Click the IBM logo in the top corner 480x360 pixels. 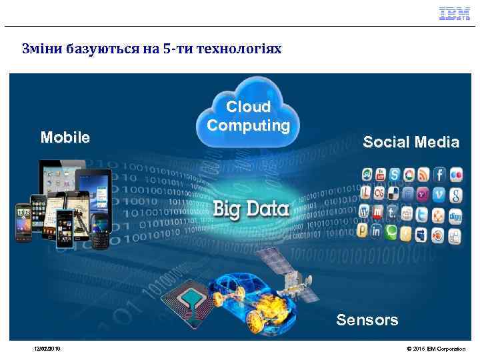454,14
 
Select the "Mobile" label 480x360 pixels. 65,137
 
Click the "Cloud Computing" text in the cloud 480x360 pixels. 248,116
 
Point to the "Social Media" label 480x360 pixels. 411,142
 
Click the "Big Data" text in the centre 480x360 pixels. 251,209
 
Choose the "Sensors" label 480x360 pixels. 367,320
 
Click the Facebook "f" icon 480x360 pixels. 439,175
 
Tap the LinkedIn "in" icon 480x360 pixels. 377,233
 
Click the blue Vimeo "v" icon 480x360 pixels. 439,195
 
